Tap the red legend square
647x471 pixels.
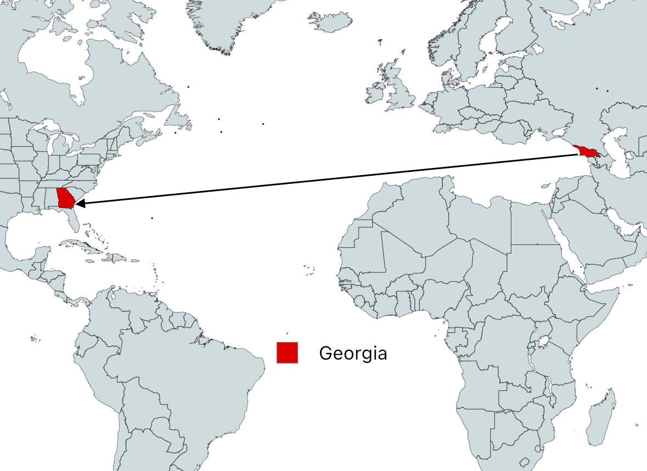[287, 352]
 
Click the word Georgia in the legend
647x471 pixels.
[353, 353]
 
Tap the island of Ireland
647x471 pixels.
[376, 93]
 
